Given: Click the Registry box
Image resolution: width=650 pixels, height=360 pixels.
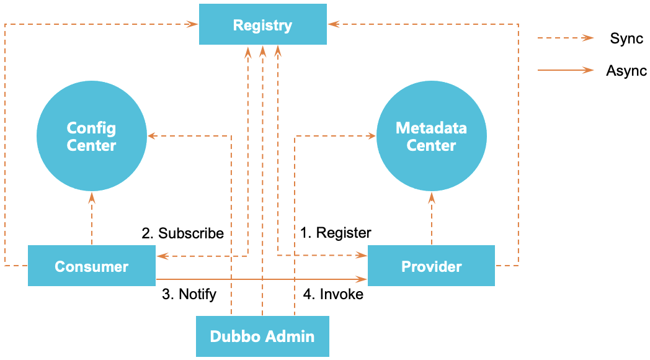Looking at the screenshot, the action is tap(263, 24).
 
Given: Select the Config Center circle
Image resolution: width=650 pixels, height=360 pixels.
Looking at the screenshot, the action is tap(92, 136).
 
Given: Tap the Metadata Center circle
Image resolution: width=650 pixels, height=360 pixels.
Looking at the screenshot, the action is tap(432, 136).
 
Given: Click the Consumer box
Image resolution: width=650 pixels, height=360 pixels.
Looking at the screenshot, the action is tap(92, 266).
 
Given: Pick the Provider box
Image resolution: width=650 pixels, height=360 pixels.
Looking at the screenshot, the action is tap(431, 266).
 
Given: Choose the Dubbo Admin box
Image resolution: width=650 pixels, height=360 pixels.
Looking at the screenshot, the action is tap(262, 336).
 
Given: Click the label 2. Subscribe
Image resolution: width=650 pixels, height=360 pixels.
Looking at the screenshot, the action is tap(182, 233).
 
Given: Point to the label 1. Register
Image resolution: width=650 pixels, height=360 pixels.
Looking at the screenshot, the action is tap(336, 233).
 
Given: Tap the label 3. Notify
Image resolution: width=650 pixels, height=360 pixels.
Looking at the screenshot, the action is tap(189, 294).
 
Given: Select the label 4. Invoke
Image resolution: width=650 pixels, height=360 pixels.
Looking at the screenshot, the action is tap(333, 294).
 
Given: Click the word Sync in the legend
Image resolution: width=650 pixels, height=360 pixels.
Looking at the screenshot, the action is tap(626, 38).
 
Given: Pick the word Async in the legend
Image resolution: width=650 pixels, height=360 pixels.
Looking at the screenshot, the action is tap(626, 71).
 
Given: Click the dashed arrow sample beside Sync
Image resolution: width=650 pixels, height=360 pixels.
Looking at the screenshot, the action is tap(566, 38).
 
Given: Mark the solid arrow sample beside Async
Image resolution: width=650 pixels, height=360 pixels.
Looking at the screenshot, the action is tap(566, 70).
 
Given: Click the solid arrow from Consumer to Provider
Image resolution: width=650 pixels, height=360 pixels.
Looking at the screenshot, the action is tap(262, 279).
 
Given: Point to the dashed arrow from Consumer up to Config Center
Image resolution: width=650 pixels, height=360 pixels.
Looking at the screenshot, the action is tap(92, 218).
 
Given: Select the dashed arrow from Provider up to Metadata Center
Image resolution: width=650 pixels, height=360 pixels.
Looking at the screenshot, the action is tap(432, 218).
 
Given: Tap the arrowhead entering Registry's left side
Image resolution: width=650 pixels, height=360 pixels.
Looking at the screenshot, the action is tap(192, 24).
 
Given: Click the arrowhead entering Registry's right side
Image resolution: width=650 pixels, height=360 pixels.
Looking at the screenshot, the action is tap(334, 24).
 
